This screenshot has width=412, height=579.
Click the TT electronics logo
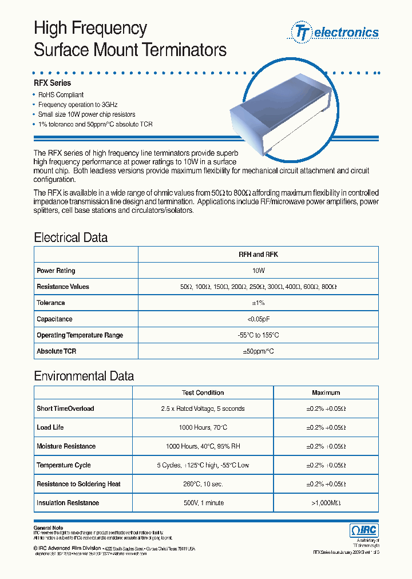coord(336,32)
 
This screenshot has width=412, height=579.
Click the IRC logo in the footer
coord(364,530)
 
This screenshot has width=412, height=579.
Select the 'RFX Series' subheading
coord(53,83)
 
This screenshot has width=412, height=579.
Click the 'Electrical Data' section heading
coord(70,237)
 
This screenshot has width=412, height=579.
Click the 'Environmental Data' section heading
coord(84,376)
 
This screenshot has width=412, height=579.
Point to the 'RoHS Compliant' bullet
coord(61,95)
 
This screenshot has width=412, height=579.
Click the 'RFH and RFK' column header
coord(258,255)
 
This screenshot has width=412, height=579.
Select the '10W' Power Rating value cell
coord(258,271)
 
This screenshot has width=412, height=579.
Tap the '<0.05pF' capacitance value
coord(258,319)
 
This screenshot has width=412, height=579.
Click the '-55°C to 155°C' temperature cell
coord(258,335)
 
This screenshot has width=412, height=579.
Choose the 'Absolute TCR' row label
coord(56,351)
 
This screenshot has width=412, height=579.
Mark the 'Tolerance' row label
coord(51,303)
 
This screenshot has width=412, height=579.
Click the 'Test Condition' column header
coord(203,392)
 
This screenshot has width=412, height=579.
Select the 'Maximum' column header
coord(326,392)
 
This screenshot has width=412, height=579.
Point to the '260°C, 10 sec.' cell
coord(203,484)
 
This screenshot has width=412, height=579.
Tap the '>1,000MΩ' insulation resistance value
coord(326,503)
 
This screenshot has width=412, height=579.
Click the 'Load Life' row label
coord(50,427)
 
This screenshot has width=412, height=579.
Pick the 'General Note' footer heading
coord(49,528)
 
